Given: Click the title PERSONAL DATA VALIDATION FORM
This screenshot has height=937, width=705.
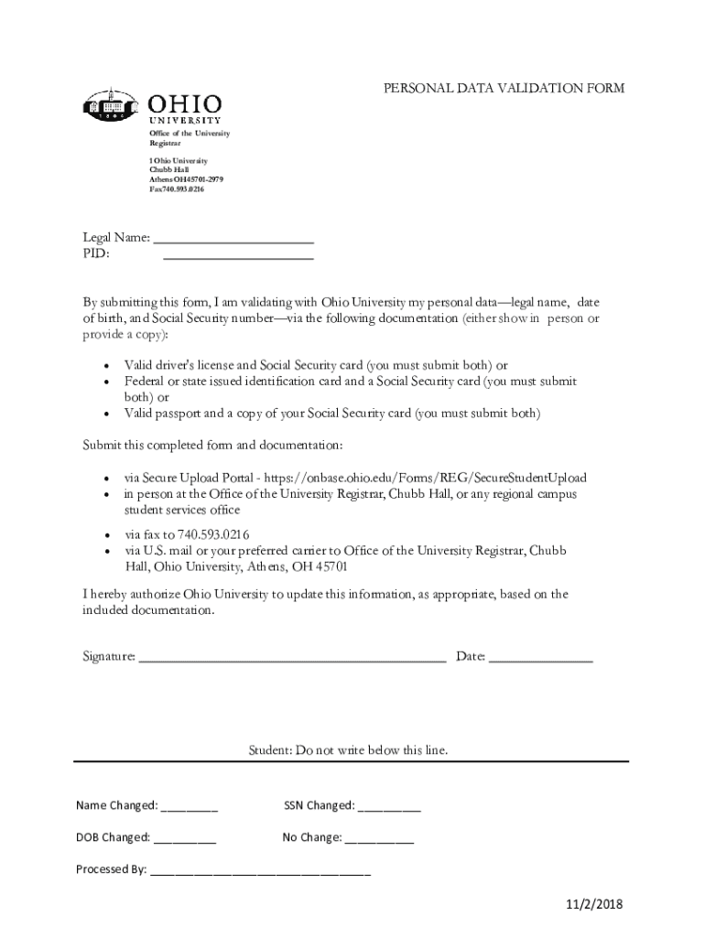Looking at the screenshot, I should [x=504, y=89].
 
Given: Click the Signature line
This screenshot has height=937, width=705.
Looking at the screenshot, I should [x=291, y=656].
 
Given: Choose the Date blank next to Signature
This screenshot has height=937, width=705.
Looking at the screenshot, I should [x=540, y=656].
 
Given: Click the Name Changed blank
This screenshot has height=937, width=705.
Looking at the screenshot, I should [x=190, y=806].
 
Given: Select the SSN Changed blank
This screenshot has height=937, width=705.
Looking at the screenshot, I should [x=389, y=806].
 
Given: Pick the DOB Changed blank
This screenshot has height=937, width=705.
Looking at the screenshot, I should [x=185, y=837].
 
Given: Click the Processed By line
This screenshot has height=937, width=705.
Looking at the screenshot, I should [x=260, y=870].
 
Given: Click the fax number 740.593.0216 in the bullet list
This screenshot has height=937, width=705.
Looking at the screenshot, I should [x=213, y=534].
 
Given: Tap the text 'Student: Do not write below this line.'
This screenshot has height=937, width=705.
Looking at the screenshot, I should [x=349, y=750].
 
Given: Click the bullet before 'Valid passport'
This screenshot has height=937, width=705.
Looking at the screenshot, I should [x=106, y=415].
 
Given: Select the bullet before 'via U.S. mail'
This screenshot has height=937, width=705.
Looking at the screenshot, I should [x=106, y=551].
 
